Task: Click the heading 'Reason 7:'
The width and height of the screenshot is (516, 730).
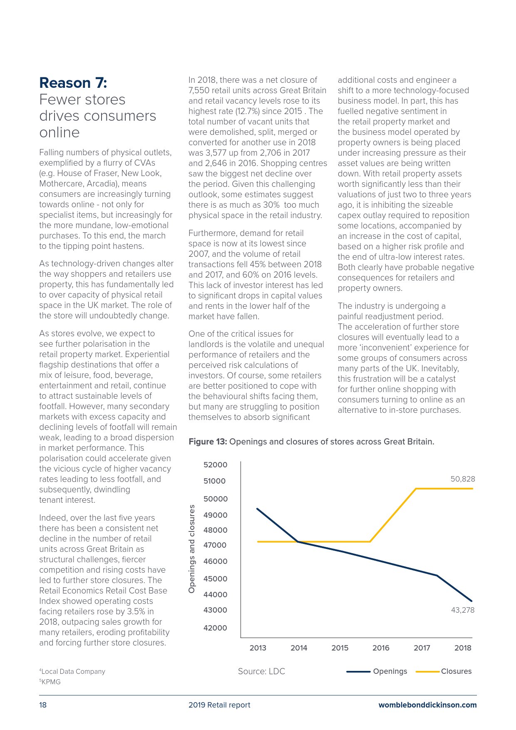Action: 73,83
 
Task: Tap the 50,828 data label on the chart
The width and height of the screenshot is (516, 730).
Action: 462,479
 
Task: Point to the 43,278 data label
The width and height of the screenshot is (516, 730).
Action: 462,610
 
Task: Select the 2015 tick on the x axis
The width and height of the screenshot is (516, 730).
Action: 340,648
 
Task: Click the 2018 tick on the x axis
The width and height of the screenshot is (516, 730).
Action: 462,648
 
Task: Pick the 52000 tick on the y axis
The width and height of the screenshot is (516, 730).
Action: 215,465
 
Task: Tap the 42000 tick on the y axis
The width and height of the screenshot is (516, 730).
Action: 215,628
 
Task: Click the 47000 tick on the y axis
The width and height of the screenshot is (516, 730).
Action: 215,545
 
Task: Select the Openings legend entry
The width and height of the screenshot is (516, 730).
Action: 390,671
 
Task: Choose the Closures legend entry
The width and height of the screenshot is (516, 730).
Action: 456,671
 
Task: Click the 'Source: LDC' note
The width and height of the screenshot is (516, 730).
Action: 261,671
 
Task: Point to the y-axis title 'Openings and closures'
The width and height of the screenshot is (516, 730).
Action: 192,549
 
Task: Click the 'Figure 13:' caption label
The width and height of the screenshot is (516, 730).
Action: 208,442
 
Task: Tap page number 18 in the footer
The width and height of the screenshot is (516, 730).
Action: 43,705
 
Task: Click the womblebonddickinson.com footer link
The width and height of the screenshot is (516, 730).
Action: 427,705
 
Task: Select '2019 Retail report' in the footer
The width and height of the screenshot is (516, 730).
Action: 219,705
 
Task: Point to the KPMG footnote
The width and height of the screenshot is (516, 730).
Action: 51,682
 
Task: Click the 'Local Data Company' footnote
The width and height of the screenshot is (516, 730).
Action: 73,671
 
